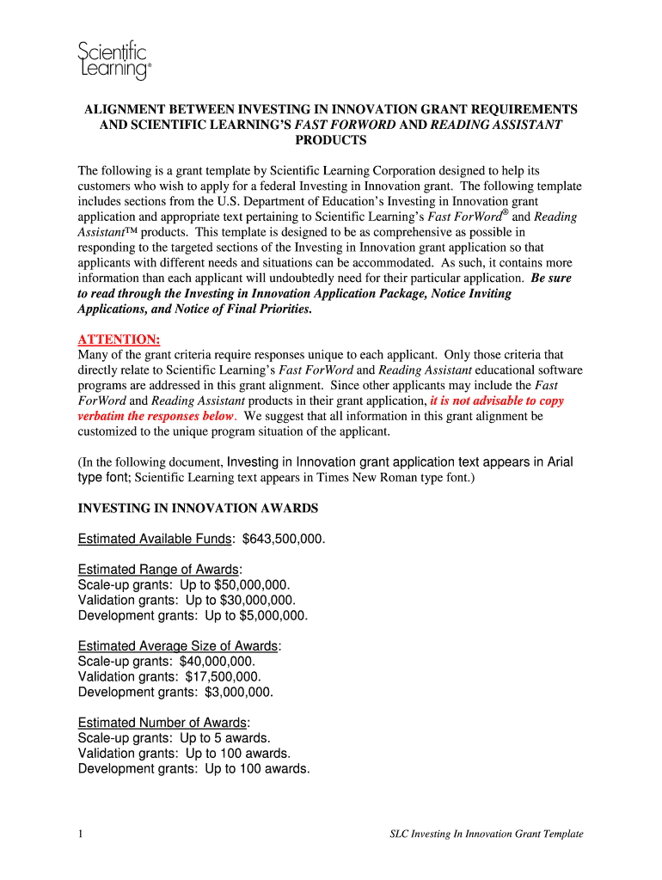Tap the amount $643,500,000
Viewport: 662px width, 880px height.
pos(283,539)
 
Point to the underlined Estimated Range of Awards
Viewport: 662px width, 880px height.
pos(158,570)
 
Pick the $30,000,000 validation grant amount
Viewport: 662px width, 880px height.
pos(257,601)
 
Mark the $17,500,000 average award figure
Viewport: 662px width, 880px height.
pos(223,677)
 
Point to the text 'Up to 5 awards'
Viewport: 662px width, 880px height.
pos(224,738)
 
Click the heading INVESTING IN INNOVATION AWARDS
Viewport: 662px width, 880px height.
pos(198,508)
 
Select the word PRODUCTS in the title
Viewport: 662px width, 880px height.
pos(331,140)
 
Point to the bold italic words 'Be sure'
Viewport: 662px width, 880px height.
pos(551,278)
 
